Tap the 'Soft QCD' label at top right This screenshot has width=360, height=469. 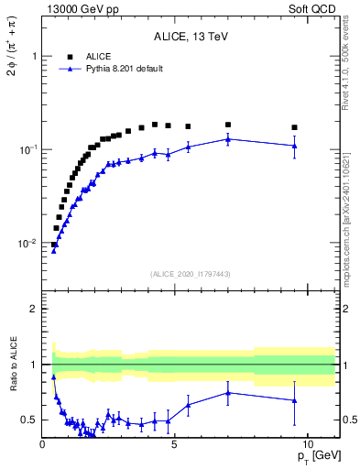[x=317, y=8]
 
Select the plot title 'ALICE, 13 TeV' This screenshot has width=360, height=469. [x=191, y=38]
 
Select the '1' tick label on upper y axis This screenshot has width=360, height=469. [x=34, y=56]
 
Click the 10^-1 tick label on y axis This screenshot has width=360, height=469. [x=28, y=149]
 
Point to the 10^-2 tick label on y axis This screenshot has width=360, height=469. [x=28, y=244]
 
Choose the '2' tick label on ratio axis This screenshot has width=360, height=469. [x=34, y=310]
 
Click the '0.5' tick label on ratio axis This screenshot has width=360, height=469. [x=29, y=420]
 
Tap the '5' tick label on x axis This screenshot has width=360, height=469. [x=175, y=444]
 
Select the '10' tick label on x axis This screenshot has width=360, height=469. [x=307, y=444]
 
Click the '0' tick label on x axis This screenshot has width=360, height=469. [x=42, y=444]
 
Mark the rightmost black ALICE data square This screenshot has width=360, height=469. [x=294, y=127]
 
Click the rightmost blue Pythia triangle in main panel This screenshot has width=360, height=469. [x=294, y=146]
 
